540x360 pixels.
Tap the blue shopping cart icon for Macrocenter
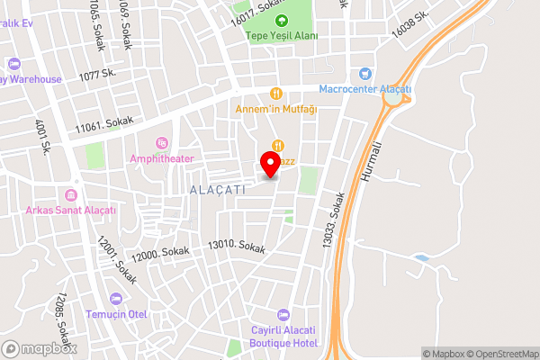click(364, 74)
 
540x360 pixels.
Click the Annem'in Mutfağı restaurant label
click(275, 109)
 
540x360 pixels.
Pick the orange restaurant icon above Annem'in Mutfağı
click(276, 93)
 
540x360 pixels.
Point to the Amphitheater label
click(162, 157)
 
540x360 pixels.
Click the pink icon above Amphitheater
click(162, 142)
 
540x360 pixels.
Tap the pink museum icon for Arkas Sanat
click(71, 195)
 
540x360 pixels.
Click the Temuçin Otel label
click(114, 315)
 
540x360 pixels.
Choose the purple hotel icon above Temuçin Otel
click(114, 299)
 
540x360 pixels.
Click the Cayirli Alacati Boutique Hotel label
click(283, 335)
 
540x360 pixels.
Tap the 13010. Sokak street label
click(237, 246)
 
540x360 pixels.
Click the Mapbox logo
click(40, 348)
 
